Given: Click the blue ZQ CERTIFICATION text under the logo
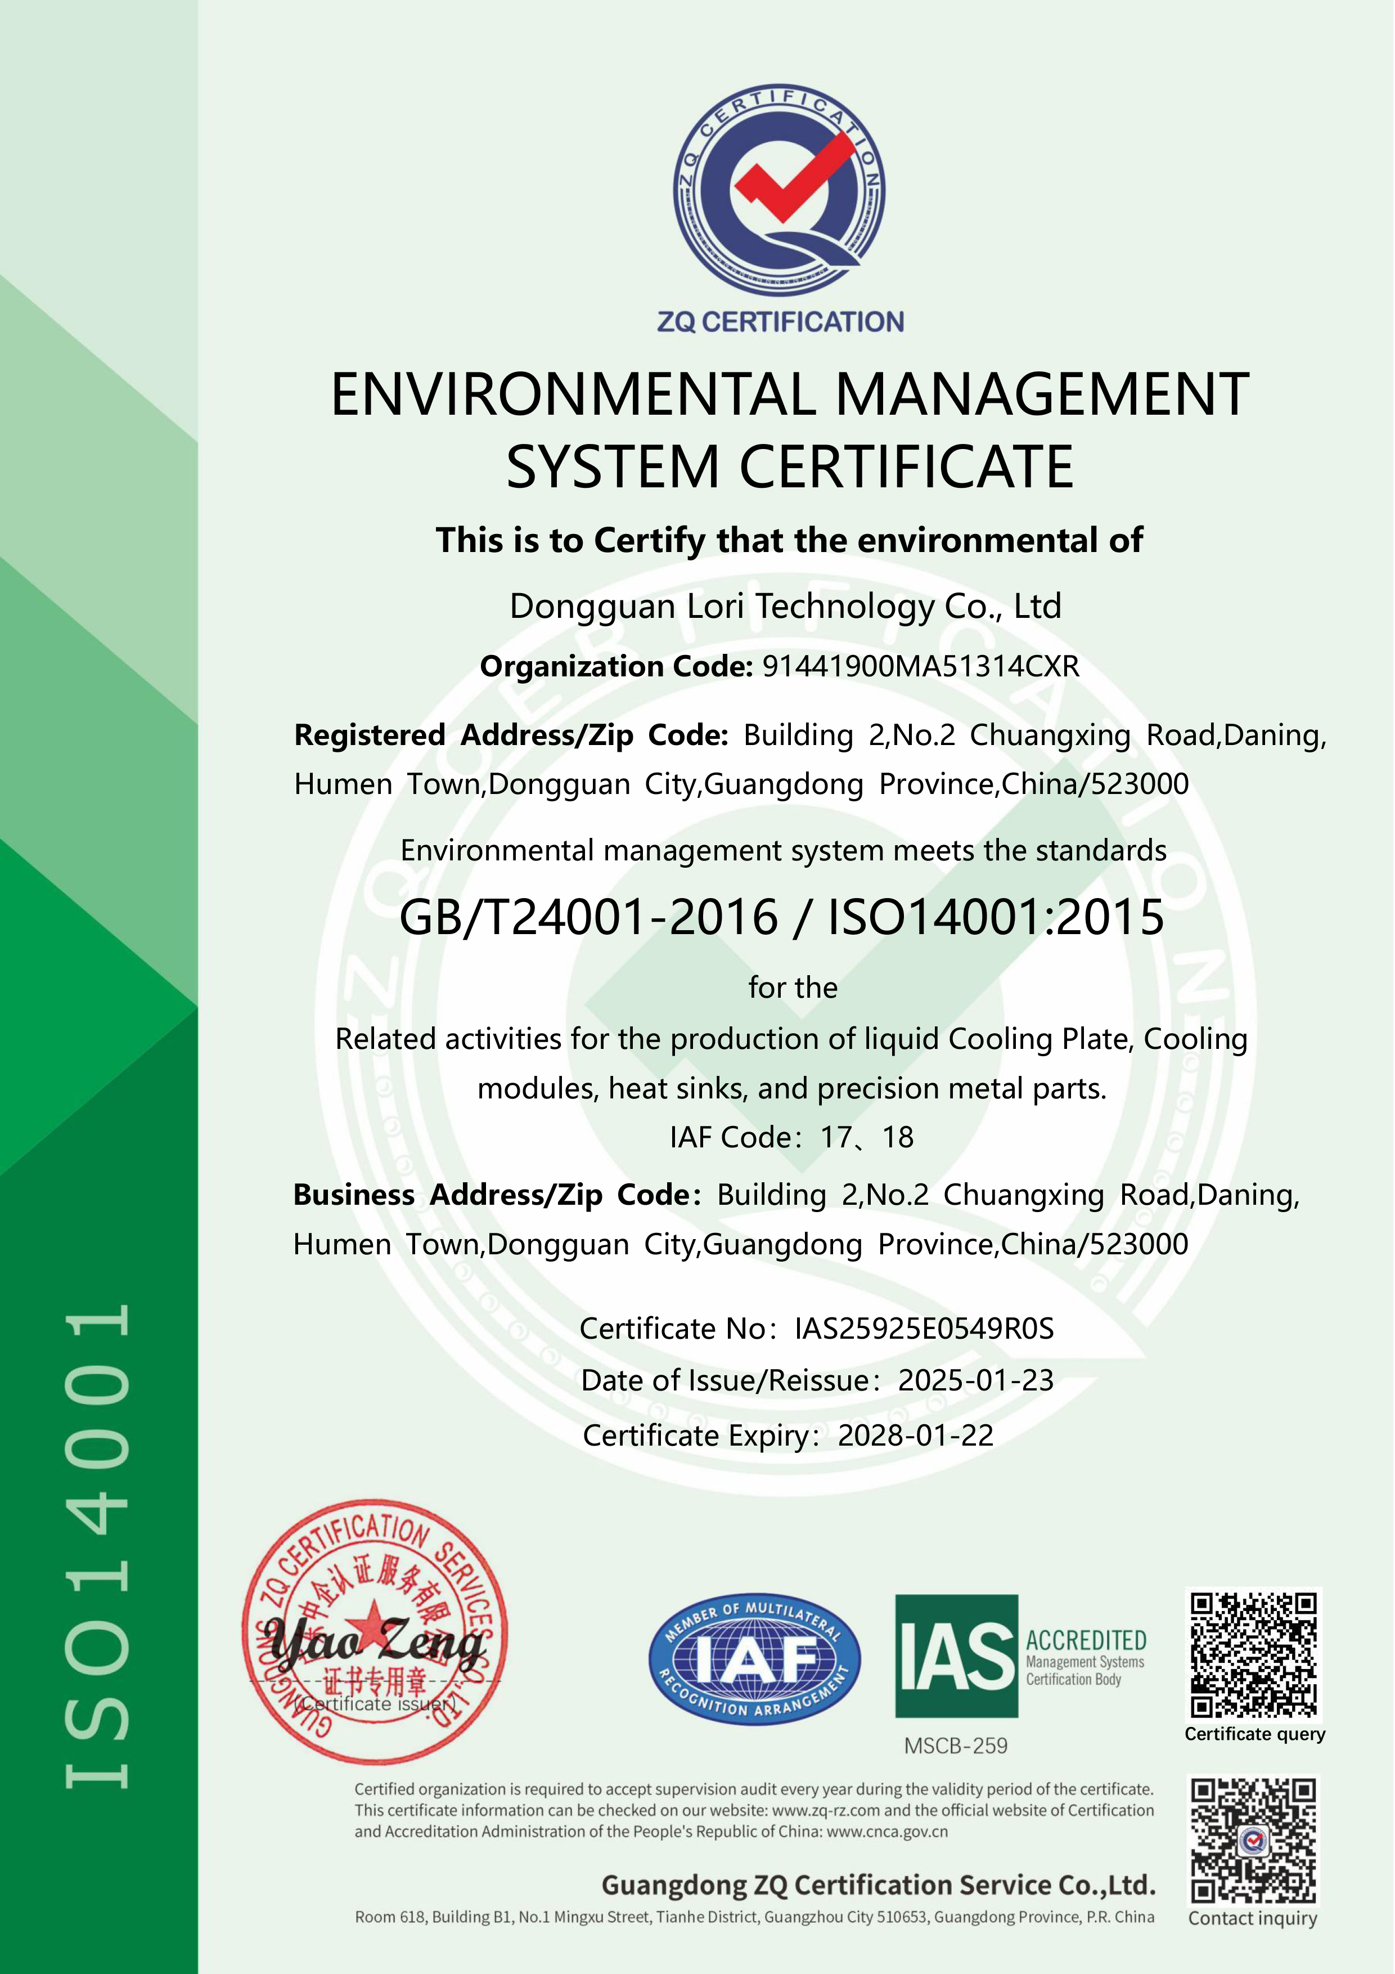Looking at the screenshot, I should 780,322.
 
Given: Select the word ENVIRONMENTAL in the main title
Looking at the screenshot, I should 573,394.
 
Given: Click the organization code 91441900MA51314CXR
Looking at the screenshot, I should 921,666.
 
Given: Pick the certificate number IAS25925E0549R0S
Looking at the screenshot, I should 924,1329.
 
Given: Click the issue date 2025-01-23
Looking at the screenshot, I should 975,1381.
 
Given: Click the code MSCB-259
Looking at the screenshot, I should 956,1746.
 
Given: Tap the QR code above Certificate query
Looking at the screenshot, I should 1253,1654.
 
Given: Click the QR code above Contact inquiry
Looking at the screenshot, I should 1253,1841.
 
